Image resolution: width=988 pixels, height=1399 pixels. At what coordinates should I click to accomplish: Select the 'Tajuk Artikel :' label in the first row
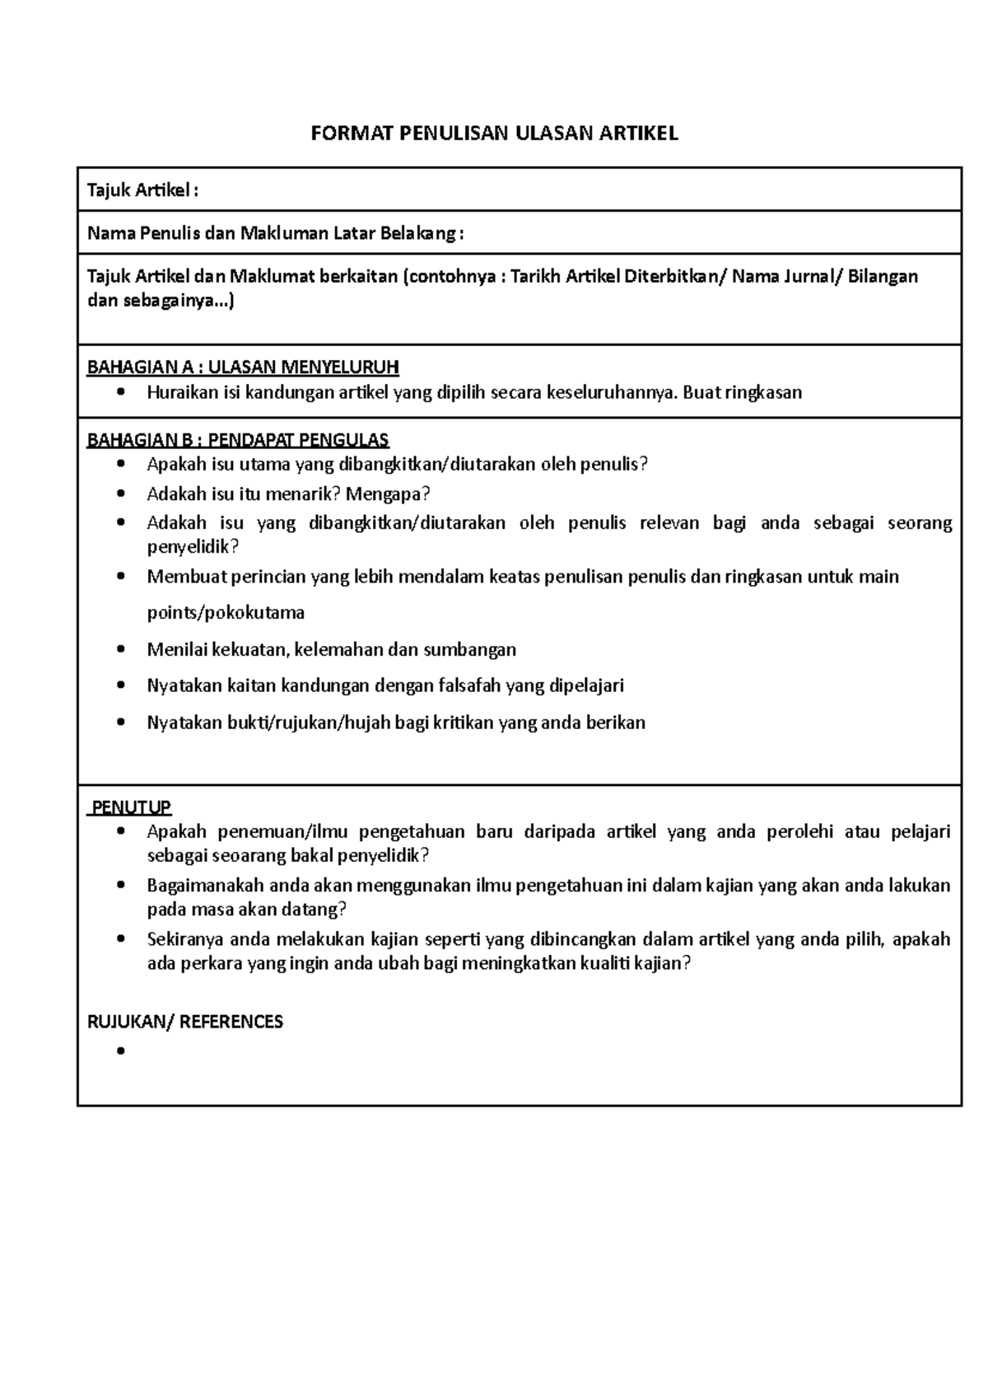[x=142, y=191]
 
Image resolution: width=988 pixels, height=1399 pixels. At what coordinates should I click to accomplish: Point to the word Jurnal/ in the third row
[x=815, y=276]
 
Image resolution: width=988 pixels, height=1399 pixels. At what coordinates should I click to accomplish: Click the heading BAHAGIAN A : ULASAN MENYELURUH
[x=243, y=367]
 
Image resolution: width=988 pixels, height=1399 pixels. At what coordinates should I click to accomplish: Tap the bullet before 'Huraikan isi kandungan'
[x=122, y=392]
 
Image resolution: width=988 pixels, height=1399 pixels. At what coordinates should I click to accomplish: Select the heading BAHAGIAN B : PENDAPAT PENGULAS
[x=238, y=439]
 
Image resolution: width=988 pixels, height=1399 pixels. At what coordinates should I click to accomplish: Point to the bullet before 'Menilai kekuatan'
[x=122, y=649]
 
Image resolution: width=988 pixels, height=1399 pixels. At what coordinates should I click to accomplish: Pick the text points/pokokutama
[x=226, y=613]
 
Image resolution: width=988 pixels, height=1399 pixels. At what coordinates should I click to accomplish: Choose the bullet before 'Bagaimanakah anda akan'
[x=122, y=886]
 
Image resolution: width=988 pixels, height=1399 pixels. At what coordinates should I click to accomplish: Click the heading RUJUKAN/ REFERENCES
[x=185, y=1022]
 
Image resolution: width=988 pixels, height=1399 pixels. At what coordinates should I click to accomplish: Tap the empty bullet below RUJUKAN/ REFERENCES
[x=122, y=1051]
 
